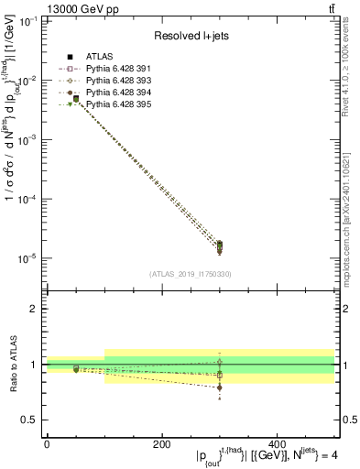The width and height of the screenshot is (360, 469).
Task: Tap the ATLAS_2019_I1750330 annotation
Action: point(190,274)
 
